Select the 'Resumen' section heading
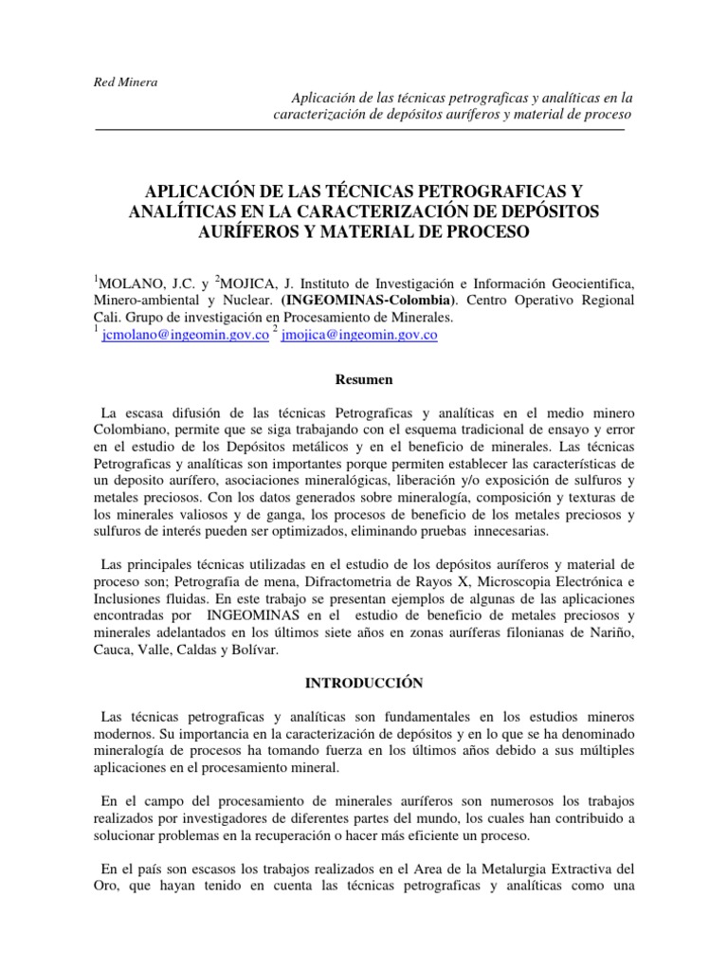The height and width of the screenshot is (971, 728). [x=364, y=380]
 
